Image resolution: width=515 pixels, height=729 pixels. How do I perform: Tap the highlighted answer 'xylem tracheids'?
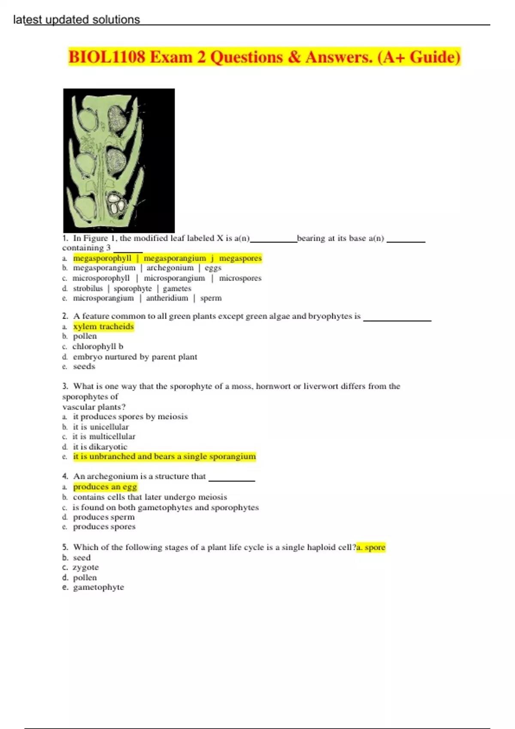(x=103, y=327)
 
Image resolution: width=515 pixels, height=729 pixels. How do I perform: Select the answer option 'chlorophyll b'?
(x=98, y=346)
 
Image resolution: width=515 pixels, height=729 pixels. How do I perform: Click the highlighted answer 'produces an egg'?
(x=105, y=487)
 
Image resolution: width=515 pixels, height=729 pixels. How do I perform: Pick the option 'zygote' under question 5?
(x=86, y=567)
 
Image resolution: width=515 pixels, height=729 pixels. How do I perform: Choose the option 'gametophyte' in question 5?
(x=98, y=587)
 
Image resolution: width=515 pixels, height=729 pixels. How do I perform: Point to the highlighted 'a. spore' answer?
(x=371, y=547)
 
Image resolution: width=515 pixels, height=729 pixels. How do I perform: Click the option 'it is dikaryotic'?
(x=100, y=447)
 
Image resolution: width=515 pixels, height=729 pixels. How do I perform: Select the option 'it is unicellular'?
(x=101, y=427)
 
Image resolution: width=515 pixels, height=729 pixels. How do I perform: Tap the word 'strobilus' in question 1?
(x=88, y=289)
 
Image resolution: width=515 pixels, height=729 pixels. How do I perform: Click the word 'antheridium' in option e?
(x=167, y=298)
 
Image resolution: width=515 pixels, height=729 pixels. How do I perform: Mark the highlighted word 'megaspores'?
(x=240, y=258)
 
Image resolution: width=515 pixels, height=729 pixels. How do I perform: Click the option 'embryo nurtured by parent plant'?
(x=135, y=357)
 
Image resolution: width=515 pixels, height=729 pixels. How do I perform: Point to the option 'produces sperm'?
(x=104, y=517)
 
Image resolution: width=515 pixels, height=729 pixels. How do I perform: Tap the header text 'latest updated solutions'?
(x=76, y=20)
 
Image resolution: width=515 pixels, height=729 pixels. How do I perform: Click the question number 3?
(x=65, y=386)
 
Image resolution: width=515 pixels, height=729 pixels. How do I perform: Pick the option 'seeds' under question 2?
(x=84, y=367)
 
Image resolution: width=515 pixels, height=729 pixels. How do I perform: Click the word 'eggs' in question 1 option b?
(x=213, y=268)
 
